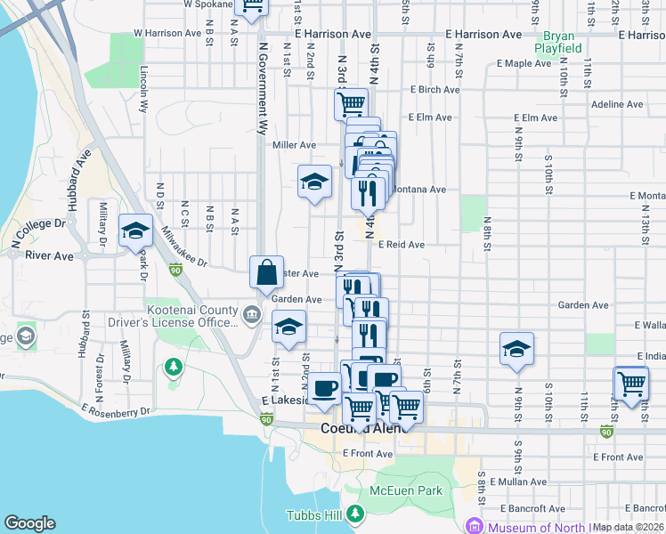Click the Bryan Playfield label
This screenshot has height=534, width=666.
tap(558, 41)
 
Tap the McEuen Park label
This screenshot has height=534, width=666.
tap(406, 490)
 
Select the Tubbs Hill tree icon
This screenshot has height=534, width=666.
tap(355, 514)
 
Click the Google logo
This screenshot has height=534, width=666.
tap(29, 523)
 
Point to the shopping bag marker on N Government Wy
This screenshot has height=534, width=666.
tap(267, 272)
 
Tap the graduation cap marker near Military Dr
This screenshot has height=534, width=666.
tap(135, 231)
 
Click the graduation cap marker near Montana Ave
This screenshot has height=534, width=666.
tap(313, 182)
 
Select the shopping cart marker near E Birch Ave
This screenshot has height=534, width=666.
tap(351, 102)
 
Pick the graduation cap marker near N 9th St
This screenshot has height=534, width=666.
tap(516, 349)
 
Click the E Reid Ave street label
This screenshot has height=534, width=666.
tap(402, 244)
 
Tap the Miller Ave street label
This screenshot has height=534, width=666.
tap(295, 145)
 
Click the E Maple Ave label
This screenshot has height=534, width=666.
tap(524, 63)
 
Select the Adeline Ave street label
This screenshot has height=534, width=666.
tap(617, 104)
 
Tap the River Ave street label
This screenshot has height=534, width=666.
tap(50, 255)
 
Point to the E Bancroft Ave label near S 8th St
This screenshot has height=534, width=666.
tap(532, 508)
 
